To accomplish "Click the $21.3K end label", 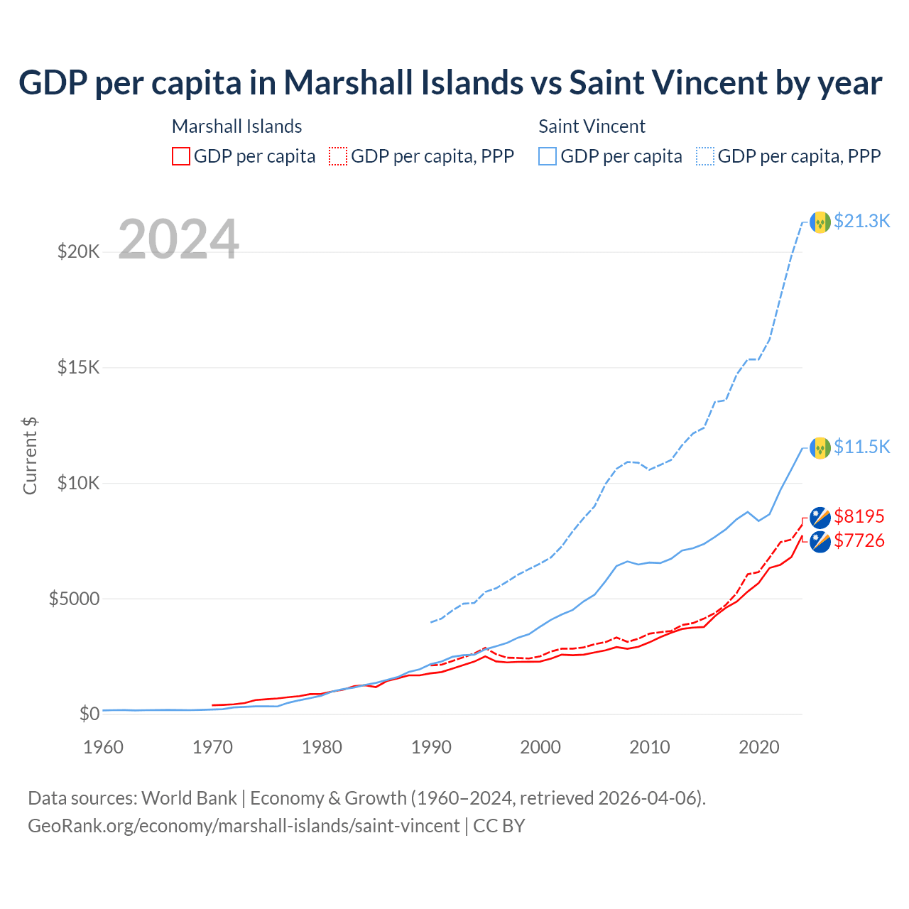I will tap(861, 221).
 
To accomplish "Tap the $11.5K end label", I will tap(861, 447).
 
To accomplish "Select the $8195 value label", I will tap(859, 516).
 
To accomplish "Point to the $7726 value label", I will tap(859, 540).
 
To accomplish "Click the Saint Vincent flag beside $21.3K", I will tap(820, 222).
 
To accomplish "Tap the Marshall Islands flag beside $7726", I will tap(820, 542).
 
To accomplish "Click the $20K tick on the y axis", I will tap(78, 251).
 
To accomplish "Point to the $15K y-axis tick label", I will tap(78, 367).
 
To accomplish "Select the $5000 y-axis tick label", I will tap(74, 599).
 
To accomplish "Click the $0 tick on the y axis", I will tap(89, 714).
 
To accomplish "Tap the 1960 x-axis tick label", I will tap(104, 747).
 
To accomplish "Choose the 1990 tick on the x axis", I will tap(432, 747).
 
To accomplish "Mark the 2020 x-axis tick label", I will tap(759, 747).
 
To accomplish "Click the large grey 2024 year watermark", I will tap(178, 239).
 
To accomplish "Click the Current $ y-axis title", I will tap(30, 456).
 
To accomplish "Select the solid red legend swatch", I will tap(181, 156).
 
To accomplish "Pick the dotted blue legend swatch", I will tap(705, 156).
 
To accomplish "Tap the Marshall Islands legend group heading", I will tap(236, 126).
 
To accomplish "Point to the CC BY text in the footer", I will tap(499, 826).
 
